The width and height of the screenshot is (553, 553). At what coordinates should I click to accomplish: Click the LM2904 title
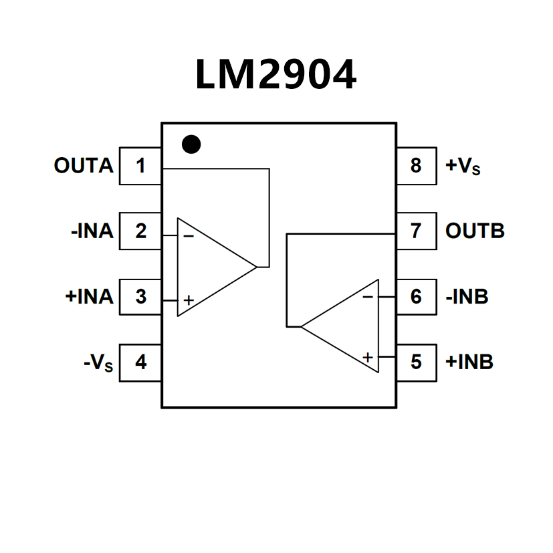click(275, 75)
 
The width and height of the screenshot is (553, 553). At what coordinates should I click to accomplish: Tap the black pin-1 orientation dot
click(191, 144)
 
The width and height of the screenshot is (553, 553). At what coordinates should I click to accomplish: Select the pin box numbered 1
click(140, 166)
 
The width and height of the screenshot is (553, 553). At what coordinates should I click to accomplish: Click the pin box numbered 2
click(140, 231)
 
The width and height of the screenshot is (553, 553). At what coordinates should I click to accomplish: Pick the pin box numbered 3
click(140, 296)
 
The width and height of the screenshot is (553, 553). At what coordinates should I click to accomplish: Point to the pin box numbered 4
click(140, 362)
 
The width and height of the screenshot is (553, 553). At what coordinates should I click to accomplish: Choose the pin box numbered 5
click(416, 362)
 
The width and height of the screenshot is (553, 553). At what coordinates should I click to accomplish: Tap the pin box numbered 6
click(416, 296)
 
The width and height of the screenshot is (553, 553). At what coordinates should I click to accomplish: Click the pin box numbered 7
click(416, 231)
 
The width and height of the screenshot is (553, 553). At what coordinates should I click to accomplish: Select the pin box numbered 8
click(416, 166)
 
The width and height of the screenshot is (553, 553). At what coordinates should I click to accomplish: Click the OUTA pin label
click(84, 166)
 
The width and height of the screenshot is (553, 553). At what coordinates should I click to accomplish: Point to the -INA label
click(92, 231)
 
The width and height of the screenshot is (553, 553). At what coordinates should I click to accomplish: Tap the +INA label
click(90, 296)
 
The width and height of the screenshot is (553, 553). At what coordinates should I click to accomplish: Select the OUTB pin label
click(475, 231)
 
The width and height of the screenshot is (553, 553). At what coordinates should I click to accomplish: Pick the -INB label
click(467, 296)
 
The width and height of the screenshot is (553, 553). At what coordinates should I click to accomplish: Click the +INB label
click(469, 362)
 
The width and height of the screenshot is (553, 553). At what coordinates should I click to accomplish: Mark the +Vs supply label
click(463, 167)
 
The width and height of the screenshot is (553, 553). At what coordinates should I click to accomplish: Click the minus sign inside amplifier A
click(189, 235)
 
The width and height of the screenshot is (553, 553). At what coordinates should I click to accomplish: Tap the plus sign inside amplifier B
click(367, 357)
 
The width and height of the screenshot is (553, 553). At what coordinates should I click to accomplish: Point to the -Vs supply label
click(98, 362)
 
